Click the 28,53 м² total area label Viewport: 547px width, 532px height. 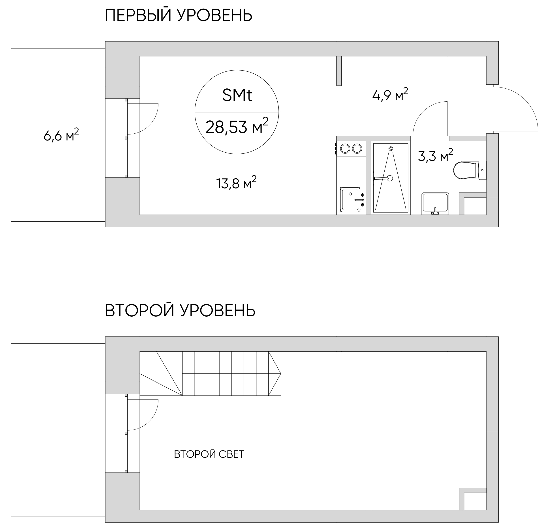237,126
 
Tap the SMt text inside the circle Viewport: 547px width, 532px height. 237,95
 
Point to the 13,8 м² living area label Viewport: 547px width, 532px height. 236,183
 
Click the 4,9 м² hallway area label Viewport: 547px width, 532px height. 390,95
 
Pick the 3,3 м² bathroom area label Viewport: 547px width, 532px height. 435,156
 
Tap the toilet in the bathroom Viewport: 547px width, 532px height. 470,170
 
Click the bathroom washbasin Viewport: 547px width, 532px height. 435,204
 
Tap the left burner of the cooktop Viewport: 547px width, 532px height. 345,149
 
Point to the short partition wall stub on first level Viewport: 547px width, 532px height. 339,71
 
